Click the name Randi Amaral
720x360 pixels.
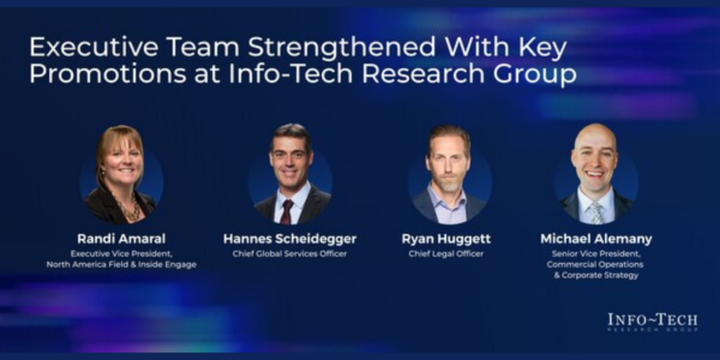121,238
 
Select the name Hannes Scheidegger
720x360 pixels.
290,238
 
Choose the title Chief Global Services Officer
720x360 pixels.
290,253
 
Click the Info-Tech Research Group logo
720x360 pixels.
652,323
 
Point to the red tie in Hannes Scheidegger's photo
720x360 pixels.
287,210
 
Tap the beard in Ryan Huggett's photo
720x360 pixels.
448,183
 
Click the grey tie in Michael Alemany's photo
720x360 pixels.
596,212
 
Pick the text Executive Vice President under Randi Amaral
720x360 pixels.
121,252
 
